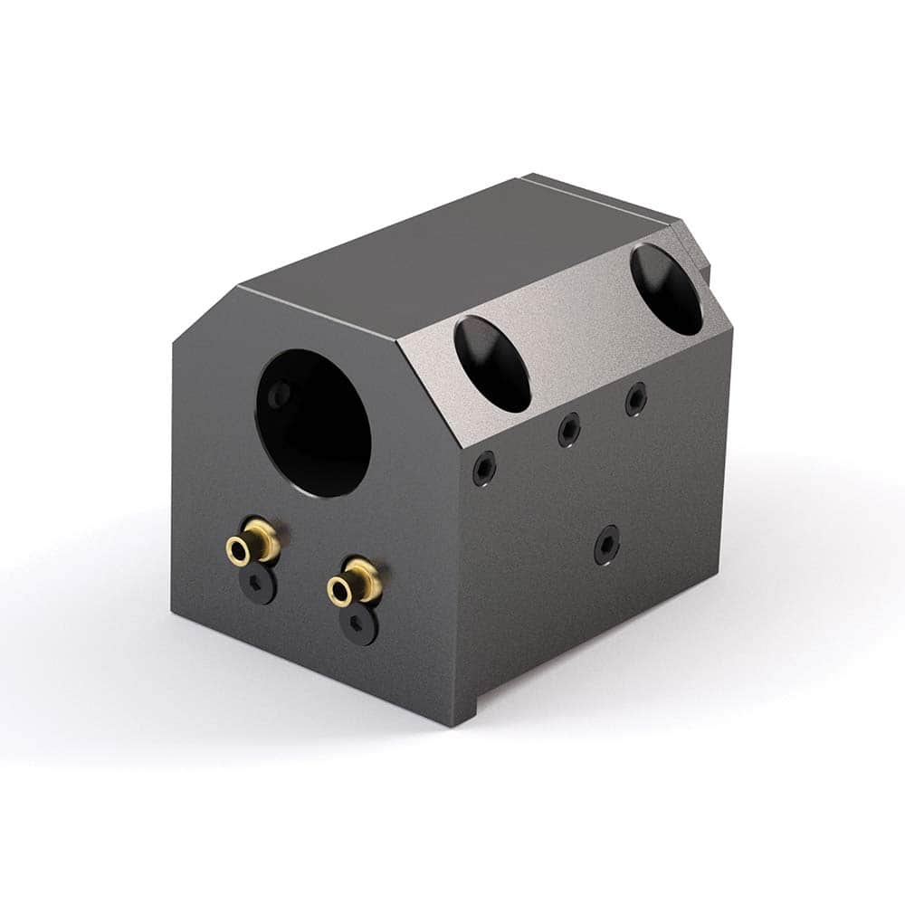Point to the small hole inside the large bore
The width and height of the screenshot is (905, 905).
(x=281, y=393)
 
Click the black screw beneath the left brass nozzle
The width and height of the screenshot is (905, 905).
(x=262, y=586)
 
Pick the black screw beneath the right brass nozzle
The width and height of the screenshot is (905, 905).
(x=359, y=625)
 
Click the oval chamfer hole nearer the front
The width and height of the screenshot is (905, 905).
(x=492, y=363)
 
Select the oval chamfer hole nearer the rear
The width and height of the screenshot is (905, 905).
(x=666, y=289)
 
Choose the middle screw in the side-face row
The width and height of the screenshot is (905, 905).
(x=568, y=429)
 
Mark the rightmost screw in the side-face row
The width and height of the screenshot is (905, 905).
(x=636, y=398)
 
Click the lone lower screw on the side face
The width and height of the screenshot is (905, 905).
(x=606, y=544)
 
